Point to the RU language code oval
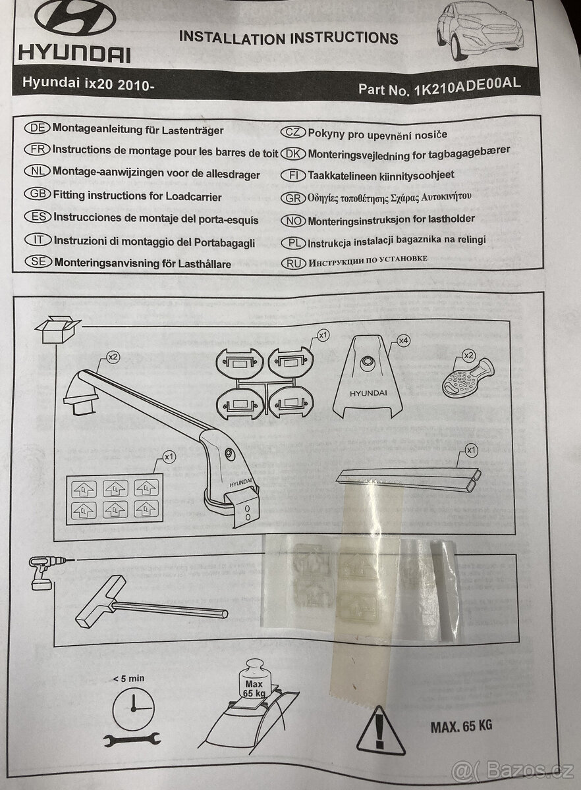(x=293, y=262)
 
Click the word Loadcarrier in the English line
(x=184, y=196)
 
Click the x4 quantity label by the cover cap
(x=403, y=341)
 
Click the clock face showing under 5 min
(x=132, y=708)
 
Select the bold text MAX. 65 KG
(x=462, y=726)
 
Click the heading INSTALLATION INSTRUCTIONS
(x=289, y=38)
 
